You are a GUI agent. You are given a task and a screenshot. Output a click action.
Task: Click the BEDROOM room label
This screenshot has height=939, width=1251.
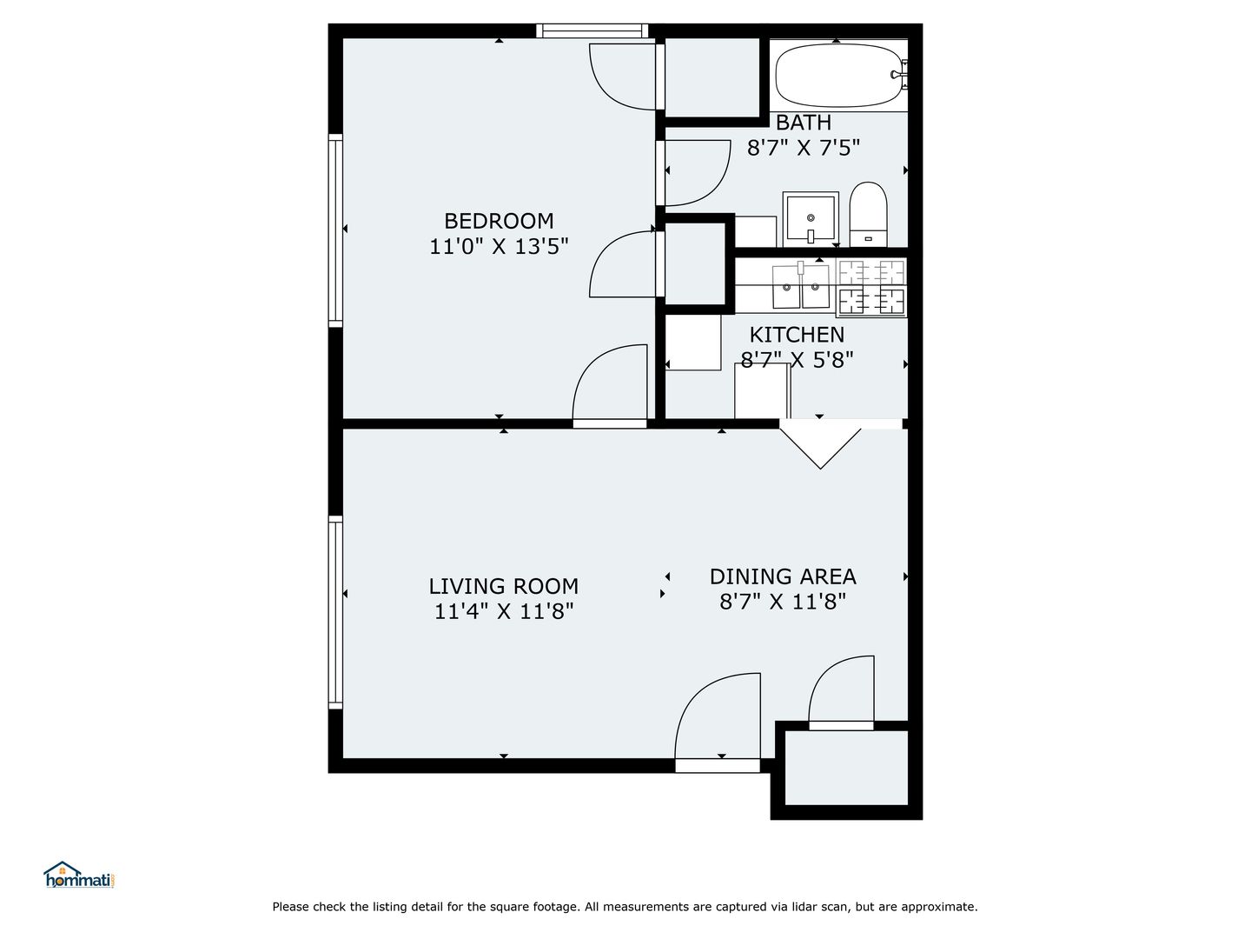tap(499, 221)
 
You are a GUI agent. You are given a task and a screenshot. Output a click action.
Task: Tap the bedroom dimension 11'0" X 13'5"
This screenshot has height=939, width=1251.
tap(499, 247)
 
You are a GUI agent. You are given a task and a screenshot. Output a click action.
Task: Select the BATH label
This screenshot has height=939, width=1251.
tap(803, 122)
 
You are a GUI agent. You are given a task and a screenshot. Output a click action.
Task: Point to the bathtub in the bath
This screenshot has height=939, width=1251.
tap(839, 76)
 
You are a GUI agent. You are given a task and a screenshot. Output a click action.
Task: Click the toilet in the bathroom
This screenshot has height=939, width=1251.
tap(868, 215)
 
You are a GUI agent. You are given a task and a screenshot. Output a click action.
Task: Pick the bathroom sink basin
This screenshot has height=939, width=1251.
tap(811, 219)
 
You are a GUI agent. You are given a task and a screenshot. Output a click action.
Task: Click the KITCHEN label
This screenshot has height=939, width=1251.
tap(797, 334)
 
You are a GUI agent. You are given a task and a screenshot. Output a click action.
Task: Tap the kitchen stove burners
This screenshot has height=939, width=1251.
tap(871, 287)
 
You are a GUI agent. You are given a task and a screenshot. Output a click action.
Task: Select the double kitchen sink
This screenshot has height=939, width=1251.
tap(801, 286)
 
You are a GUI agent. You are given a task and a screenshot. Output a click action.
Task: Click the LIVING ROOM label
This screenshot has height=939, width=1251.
tap(503, 586)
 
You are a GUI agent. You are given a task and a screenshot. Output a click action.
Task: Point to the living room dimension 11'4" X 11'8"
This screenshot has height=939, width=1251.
tap(503, 612)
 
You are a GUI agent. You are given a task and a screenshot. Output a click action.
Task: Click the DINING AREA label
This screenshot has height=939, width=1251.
tap(783, 576)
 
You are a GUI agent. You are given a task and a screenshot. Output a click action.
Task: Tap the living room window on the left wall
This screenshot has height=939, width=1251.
tap(335, 612)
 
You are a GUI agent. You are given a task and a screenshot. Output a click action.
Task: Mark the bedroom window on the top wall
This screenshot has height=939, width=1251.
tap(592, 30)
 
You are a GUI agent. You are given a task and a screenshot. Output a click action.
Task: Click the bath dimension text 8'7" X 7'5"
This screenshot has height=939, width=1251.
tap(803, 148)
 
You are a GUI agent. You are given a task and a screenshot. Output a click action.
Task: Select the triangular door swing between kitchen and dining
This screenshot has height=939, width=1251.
tap(819, 443)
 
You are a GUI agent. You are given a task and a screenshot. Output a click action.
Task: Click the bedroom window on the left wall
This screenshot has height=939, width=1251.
tap(335, 231)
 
